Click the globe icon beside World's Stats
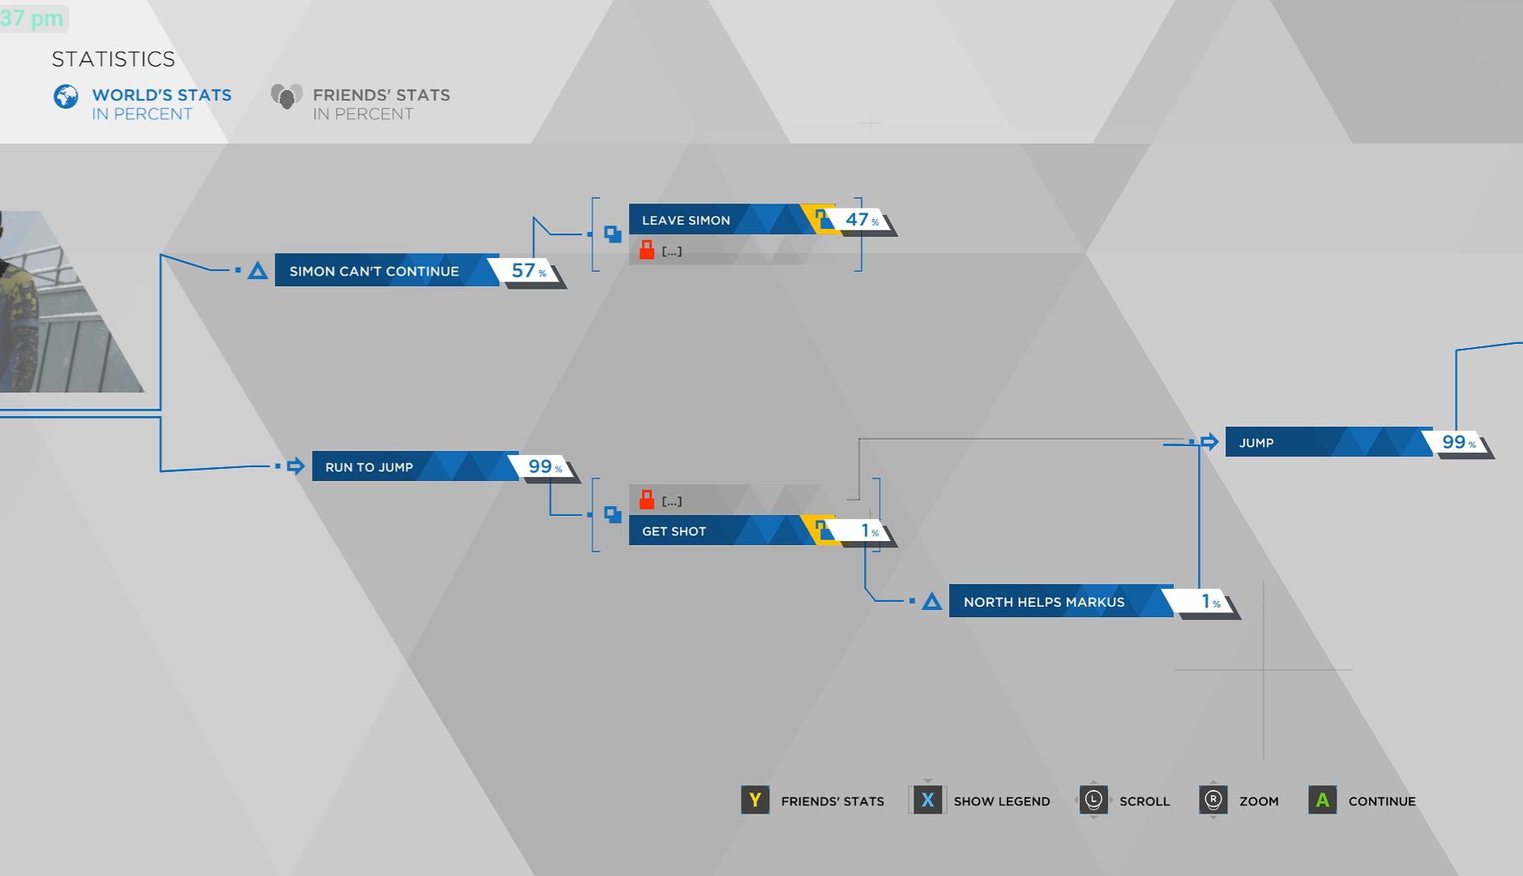pyautogui.click(x=66, y=97)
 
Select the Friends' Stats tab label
pyautogui.click(x=381, y=96)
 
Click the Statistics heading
pyautogui.click(x=113, y=59)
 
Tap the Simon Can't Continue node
pyautogui.click(x=374, y=271)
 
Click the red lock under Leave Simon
pyautogui.click(x=647, y=250)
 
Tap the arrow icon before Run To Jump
pyautogui.click(x=296, y=466)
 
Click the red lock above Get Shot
pyautogui.click(x=647, y=500)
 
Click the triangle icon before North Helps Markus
pyautogui.click(x=932, y=601)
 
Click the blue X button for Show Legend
pyautogui.click(x=927, y=801)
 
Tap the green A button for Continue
pyautogui.click(x=1322, y=801)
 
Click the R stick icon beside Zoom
pyautogui.click(x=1213, y=801)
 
